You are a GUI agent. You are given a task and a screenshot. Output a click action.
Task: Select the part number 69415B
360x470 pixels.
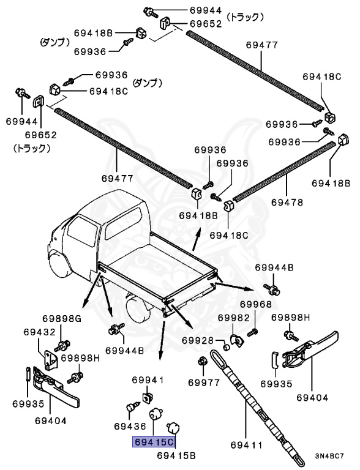[x=176, y=455]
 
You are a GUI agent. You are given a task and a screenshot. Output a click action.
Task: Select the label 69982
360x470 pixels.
[x=233, y=318]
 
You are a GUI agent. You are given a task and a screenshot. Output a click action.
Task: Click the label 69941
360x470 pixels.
[x=149, y=380]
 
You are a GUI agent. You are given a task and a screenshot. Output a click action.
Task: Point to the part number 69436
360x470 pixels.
[x=129, y=425]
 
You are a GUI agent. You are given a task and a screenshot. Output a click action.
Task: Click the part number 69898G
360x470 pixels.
[x=61, y=318]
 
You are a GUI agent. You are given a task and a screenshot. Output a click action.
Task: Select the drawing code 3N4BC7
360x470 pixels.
[x=332, y=456]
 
